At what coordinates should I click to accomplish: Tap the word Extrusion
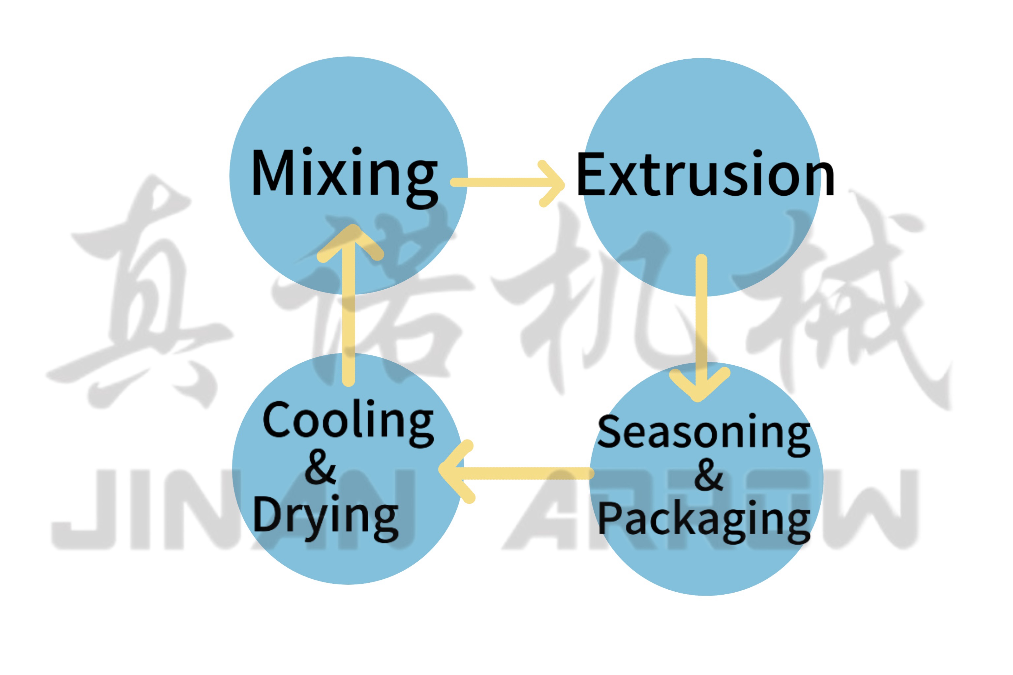point(705,174)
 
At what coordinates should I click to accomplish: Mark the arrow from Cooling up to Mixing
point(348,310)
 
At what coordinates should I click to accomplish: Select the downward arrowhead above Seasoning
point(699,385)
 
